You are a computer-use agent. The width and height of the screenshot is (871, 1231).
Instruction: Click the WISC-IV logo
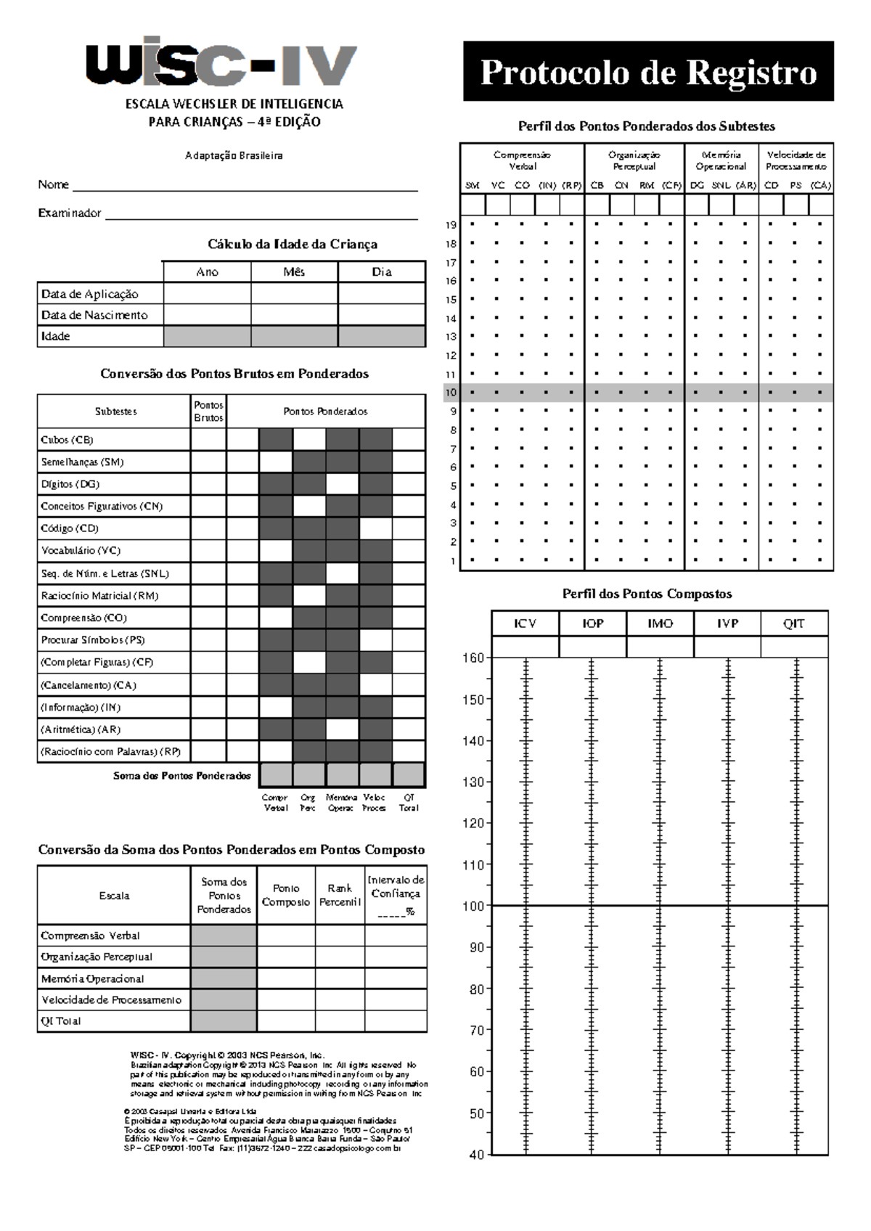(221, 64)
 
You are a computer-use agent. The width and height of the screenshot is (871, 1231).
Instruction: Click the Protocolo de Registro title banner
(648, 72)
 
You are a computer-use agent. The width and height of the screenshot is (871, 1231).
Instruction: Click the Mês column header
(294, 272)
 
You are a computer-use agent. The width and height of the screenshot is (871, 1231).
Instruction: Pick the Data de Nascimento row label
(94, 315)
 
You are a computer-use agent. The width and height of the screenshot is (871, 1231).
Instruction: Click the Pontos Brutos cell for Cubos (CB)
(208, 440)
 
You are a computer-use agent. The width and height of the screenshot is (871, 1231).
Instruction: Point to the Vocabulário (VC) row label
(81, 551)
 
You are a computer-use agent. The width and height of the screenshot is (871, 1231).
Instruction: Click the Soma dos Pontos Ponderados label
(181, 776)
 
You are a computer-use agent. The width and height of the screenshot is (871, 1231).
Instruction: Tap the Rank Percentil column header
(340, 895)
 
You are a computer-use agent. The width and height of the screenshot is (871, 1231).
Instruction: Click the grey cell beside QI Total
(224, 1021)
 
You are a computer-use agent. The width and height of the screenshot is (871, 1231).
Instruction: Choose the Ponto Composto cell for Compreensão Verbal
(286, 936)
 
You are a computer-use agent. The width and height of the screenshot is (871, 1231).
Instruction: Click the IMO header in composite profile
(660, 623)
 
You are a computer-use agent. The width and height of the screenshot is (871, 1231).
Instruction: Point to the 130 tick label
(473, 782)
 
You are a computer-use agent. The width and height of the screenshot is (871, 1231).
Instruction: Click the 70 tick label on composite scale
(476, 1031)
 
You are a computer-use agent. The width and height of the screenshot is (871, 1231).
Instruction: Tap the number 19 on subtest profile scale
(451, 225)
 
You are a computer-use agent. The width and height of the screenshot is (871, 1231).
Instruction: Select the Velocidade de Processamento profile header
(796, 160)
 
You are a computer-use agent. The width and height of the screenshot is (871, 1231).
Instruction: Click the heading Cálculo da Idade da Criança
(293, 244)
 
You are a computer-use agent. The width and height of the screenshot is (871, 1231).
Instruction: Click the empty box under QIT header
(794, 647)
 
